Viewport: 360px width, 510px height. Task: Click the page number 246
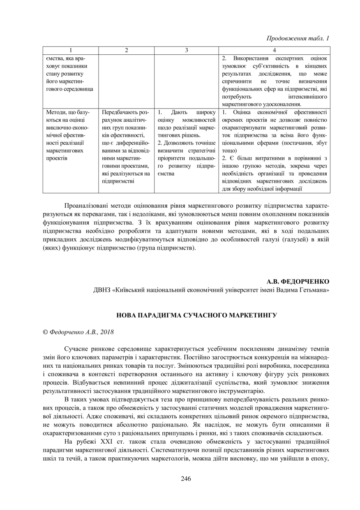(x=186, y=478)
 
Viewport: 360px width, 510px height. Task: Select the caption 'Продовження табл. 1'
(x=298, y=38)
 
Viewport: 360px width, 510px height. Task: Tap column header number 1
(x=71, y=50)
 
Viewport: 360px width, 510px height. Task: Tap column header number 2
(x=126, y=50)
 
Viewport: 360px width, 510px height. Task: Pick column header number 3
(x=187, y=50)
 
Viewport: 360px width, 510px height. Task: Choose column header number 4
(x=275, y=50)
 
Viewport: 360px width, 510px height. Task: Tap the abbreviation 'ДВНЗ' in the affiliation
(x=102, y=290)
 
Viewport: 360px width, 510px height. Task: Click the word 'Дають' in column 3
(x=179, y=112)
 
